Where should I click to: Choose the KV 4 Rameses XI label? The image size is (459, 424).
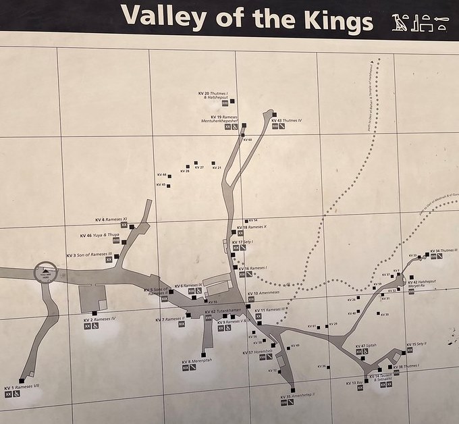[111, 219]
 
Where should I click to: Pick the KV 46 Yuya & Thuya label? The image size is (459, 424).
[99, 235]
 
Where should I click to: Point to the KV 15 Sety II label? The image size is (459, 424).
[416, 344]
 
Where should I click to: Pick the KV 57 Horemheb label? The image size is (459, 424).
[260, 352]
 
